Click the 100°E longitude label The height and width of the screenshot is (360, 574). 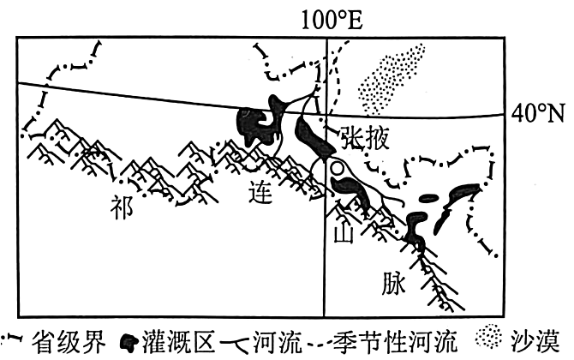pos(332,20)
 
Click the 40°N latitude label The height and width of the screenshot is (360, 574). pos(539,114)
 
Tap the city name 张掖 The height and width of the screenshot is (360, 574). pos(365,138)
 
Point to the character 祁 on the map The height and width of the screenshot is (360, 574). pos(122,207)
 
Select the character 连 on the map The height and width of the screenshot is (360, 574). pos(260,193)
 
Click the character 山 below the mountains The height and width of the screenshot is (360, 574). pos(343,232)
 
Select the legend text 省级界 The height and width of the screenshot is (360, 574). pos(69,342)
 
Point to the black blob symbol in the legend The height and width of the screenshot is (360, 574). pos(130,342)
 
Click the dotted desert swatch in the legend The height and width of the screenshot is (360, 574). pos(488,336)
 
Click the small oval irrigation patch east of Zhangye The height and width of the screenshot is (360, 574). pos(428,199)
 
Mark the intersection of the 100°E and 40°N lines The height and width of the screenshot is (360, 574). pos(326,114)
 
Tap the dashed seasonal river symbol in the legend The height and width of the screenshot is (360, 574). pos(319,344)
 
